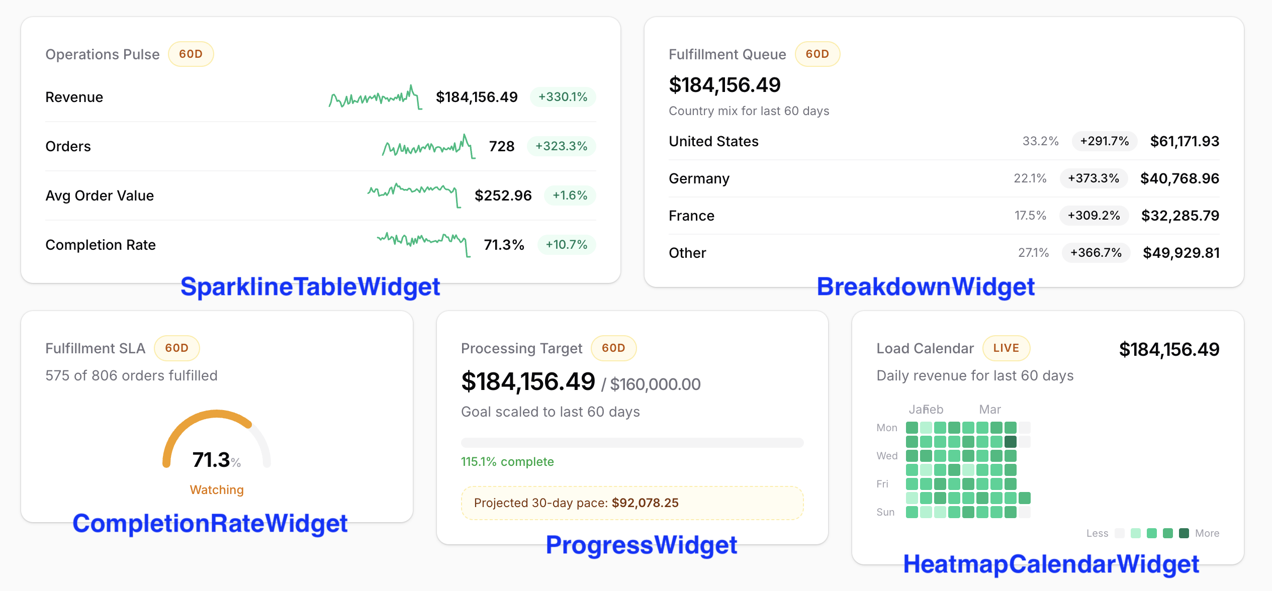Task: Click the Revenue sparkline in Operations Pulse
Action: (x=375, y=97)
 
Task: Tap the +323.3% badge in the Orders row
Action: (x=561, y=146)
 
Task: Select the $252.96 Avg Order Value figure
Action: (x=503, y=195)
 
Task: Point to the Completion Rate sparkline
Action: (x=423, y=243)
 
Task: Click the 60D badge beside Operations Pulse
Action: (x=191, y=54)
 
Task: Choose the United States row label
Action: (x=713, y=141)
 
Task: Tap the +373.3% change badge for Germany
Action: (x=1093, y=178)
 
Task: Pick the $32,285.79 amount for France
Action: (x=1179, y=216)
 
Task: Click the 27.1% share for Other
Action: (x=1033, y=253)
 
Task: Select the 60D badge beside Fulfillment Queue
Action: (x=817, y=54)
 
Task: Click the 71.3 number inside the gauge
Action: (x=211, y=460)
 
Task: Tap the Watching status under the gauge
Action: (x=217, y=490)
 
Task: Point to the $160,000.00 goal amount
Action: (x=655, y=384)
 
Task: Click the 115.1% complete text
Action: (x=507, y=462)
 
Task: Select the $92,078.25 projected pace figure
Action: (x=645, y=503)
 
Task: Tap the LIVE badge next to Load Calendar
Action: (x=1006, y=348)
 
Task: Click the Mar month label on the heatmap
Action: (x=990, y=410)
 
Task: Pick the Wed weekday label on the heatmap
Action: (x=887, y=456)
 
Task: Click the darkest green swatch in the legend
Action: (x=1184, y=533)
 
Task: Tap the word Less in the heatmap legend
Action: (x=1097, y=533)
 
